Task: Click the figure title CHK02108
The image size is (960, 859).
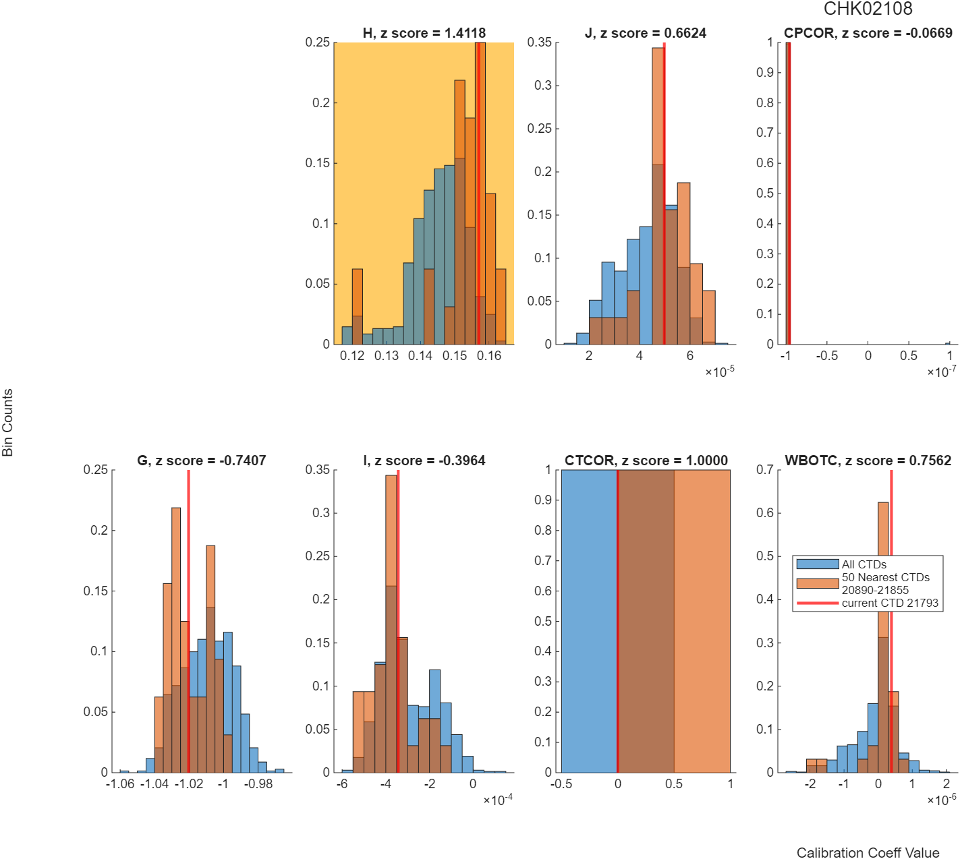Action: tap(868, 9)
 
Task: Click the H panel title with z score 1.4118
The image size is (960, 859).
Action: tap(424, 33)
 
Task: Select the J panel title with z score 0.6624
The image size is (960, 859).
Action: tap(646, 33)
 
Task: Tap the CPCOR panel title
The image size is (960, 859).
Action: tap(868, 33)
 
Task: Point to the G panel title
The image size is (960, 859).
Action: tap(202, 461)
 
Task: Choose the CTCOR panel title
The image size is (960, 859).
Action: tap(646, 461)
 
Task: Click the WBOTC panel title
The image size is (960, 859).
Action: tap(868, 461)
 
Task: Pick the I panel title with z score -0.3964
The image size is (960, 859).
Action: tap(424, 461)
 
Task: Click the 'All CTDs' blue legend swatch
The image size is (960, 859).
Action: tap(818, 564)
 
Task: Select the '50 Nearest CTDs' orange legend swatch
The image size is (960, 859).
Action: tap(818, 583)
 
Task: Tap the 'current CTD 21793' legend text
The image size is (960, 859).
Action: tap(890, 603)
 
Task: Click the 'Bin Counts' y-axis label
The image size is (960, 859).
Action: tap(7, 422)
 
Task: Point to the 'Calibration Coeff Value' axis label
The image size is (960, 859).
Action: tap(868, 852)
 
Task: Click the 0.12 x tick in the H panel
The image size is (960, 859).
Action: tap(352, 355)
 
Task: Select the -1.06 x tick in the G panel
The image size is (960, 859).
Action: tap(120, 783)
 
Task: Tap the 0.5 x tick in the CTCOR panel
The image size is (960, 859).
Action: tap(674, 783)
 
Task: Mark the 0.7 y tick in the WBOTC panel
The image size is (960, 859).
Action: tap(765, 470)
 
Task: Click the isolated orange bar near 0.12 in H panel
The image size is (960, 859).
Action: tap(358, 306)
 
